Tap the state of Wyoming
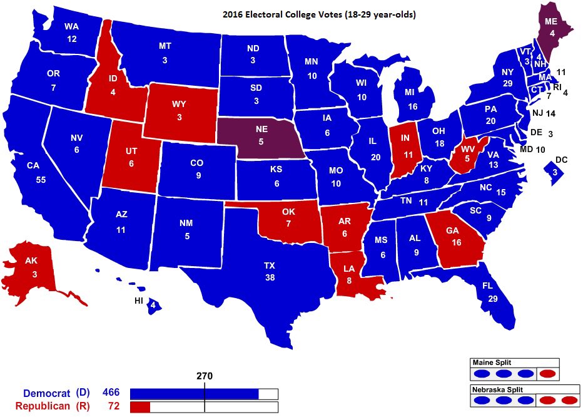click(181, 111)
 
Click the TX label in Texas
click(269, 265)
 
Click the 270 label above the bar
click(205, 376)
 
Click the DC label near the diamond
click(561, 160)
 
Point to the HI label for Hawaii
click(139, 301)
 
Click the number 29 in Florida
click(493, 299)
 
